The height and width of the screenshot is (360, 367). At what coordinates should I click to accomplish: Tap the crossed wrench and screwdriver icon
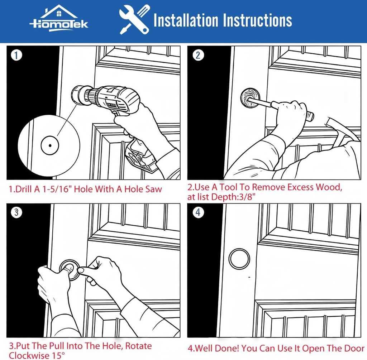pos(134,20)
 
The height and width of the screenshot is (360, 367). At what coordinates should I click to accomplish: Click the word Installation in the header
pos(185,20)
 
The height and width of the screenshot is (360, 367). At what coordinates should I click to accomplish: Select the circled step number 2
pos(198,55)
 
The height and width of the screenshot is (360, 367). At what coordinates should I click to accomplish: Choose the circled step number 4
pos(198,212)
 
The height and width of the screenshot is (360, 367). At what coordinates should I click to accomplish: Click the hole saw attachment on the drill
pos(80,94)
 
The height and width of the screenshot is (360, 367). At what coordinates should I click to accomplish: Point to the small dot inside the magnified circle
pos(49,145)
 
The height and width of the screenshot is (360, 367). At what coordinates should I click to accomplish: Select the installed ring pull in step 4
pos(239,259)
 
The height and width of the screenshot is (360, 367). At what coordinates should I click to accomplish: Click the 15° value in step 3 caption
pos(54,355)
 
